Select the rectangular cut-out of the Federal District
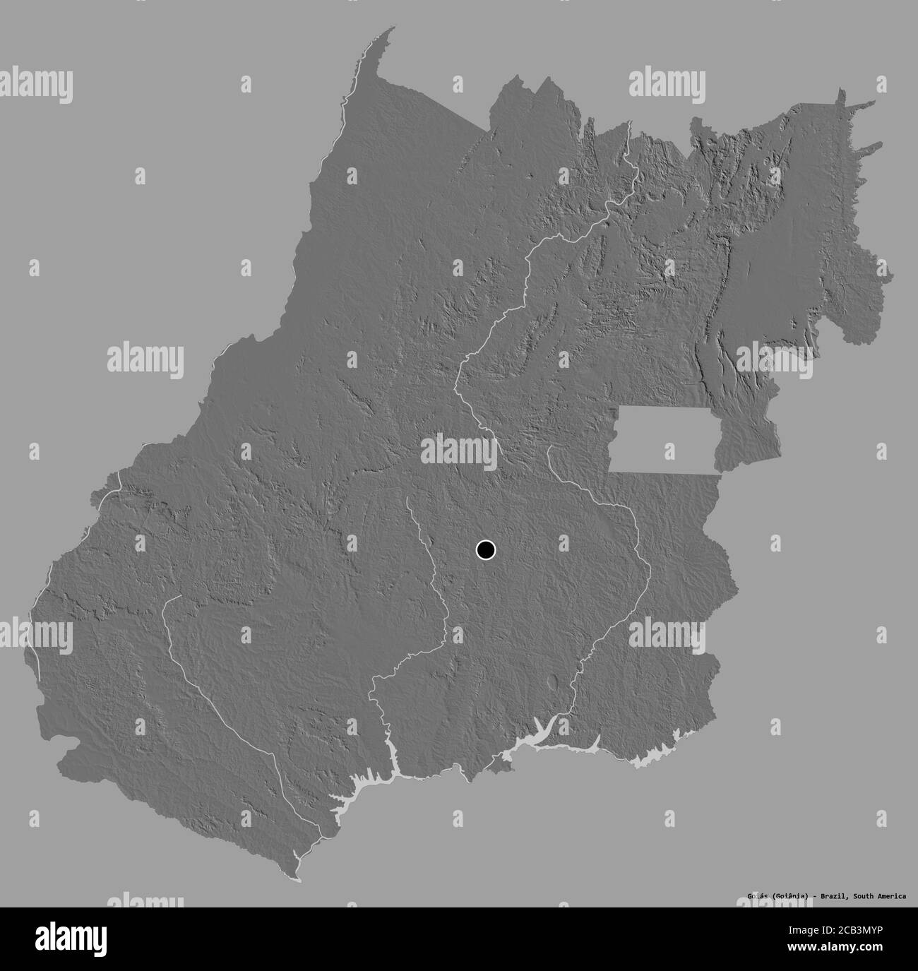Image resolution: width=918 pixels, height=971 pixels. (x=664, y=439)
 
